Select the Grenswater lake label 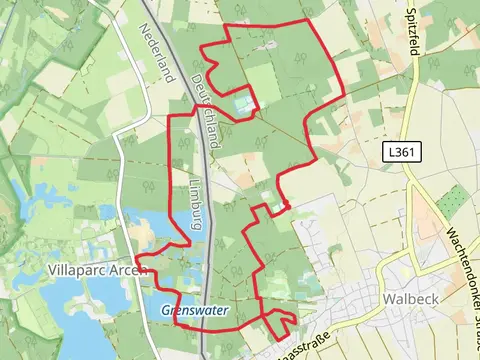tap(195, 312)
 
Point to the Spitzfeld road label tap(412, 33)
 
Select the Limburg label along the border tap(196, 206)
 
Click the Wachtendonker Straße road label tap(461, 270)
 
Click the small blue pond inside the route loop tap(241, 101)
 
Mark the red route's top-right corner tap(307, 21)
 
